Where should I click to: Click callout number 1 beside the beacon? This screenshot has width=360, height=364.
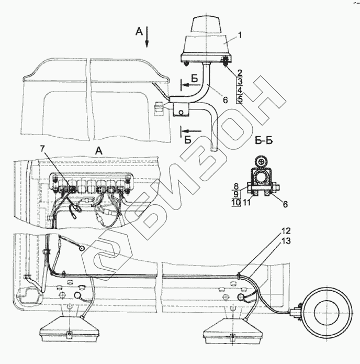point(240,35)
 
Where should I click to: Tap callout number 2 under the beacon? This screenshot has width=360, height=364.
point(240,73)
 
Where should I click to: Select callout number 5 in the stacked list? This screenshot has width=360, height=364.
point(240,99)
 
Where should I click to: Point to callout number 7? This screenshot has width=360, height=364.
point(42,149)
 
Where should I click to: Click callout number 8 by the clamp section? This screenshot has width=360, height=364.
point(236,186)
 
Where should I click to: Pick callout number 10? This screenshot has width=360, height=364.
point(236,203)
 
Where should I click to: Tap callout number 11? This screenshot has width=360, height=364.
point(247,203)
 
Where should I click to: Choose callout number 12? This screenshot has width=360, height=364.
point(286,231)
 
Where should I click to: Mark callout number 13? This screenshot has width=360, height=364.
point(286,241)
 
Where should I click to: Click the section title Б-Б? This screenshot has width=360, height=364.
point(264,141)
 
